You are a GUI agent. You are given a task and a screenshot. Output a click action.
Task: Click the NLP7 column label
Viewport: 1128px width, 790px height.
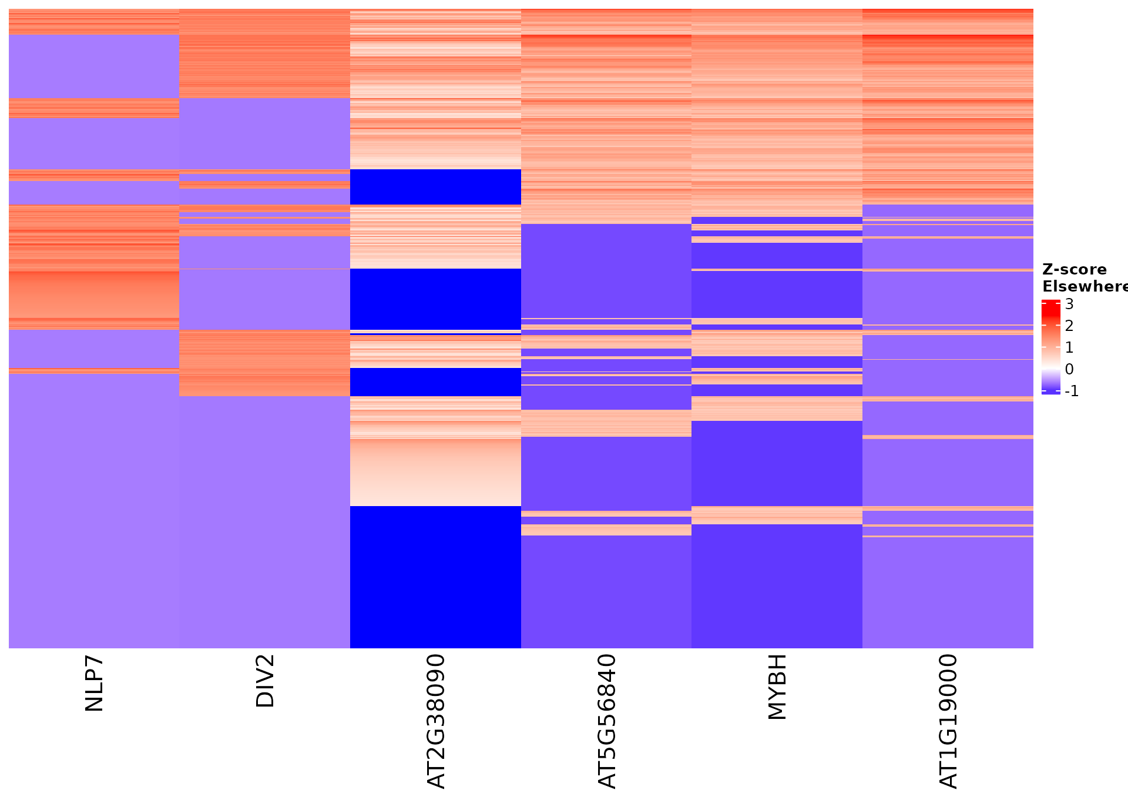pyautogui.click(x=94, y=684)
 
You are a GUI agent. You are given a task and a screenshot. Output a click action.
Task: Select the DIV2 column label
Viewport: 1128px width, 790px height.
pyautogui.click(x=265, y=681)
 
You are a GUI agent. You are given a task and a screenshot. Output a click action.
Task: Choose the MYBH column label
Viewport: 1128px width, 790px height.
pyautogui.click(x=777, y=687)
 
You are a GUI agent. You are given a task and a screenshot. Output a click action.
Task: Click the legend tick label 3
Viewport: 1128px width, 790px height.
pyautogui.click(x=1069, y=304)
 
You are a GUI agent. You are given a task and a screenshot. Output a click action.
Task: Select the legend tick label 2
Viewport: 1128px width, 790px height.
pyautogui.click(x=1069, y=326)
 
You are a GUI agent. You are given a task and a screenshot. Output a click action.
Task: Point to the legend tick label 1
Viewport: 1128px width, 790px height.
pyautogui.click(x=1069, y=347)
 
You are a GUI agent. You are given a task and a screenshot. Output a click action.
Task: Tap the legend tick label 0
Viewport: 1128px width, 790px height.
pyautogui.click(x=1069, y=369)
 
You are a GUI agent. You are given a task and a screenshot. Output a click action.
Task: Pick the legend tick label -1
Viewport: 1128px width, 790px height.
pyautogui.click(x=1072, y=391)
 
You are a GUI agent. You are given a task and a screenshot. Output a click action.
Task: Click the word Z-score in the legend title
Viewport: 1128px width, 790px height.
pyautogui.click(x=1074, y=270)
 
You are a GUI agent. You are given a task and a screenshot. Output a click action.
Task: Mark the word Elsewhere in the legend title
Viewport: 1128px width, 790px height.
pyautogui.click(x=1085, y=286)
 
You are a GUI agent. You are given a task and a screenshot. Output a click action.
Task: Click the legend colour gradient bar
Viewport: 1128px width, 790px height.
pyautogui.click(x=1050, y=347)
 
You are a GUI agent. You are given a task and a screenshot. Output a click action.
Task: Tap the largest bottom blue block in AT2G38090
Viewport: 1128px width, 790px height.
pyautogui.click(x=435, y=577)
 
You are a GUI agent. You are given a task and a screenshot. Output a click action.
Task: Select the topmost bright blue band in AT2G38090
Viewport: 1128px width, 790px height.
pyautogui.click(x=435, y=187)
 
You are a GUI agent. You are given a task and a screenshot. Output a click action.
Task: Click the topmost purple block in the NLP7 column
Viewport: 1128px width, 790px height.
pyautogui.click(x=94, y=66)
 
